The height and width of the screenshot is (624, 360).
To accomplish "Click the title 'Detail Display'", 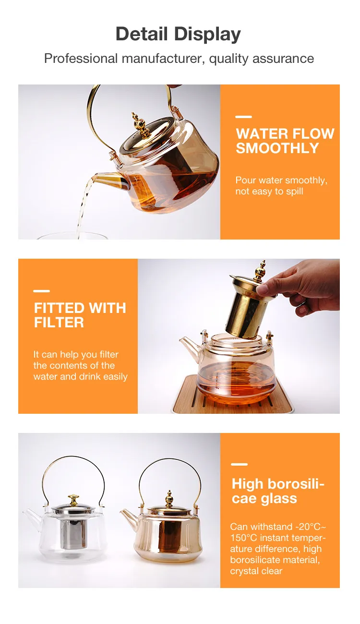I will click(178, 35).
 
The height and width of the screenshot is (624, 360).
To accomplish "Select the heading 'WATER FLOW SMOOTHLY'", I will click(285, 141).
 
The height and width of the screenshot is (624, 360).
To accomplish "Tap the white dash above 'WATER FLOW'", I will click(243, 117).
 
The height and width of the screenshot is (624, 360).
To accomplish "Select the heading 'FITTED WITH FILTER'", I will click(80, 315).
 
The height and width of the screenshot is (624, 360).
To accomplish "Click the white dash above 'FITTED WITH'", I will click(41, 291).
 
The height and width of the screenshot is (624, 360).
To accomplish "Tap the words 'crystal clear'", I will click(256, 571).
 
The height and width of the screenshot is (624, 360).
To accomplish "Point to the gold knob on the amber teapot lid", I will click(169, 499).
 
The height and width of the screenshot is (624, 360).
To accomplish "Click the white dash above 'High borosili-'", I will click(240, 465).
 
